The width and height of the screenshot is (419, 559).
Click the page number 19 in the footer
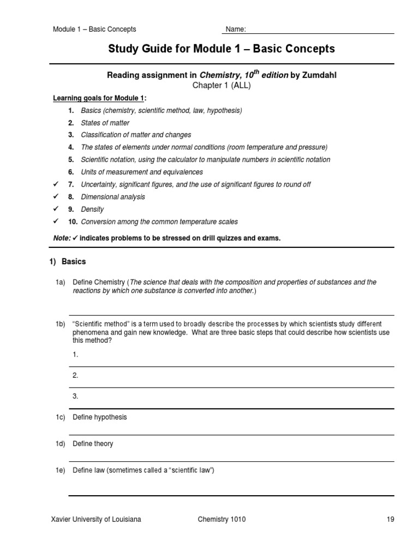point(390,520)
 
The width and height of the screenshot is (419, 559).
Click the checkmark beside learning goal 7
point(55,185)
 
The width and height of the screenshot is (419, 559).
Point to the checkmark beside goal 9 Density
point(55,209)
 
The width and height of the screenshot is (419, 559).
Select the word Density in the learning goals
point(92,210)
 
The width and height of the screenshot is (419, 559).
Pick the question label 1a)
point(60,282)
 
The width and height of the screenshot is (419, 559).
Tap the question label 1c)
point(60,417)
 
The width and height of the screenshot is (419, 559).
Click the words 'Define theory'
point(93,444)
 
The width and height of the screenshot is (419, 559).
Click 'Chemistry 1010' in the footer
point(222,520)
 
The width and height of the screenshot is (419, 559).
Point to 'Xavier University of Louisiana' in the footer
point(95,520)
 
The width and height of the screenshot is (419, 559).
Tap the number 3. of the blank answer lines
point(75,396)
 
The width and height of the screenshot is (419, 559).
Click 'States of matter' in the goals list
point(105,123)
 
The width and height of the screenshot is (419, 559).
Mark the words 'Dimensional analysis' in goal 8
point(113,197)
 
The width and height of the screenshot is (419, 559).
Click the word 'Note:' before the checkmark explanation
point(62,238)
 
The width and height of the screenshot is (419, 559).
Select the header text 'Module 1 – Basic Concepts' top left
point(94,29)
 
